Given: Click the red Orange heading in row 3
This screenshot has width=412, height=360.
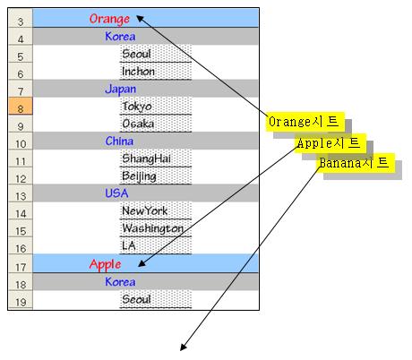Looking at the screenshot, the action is (x=109, y=19).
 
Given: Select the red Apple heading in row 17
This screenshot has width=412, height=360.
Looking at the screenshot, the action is (x=105, y=265).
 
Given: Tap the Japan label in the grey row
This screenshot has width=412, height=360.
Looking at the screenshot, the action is (x=121, y=90).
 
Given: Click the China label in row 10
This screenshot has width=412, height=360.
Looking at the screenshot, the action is (x=119, y=141).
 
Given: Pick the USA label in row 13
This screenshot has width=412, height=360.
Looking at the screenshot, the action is (x=116, y=193).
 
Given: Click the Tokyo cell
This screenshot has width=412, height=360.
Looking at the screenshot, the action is (x=156, y=106).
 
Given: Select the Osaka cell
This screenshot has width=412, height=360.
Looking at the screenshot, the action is (x=156, y=124).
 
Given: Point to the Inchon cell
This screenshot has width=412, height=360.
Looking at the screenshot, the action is (x=156, y=72).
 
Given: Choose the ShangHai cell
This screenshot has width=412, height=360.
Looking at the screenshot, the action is (x=156, y=159).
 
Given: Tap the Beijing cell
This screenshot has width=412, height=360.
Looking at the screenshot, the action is (x=156, y=176).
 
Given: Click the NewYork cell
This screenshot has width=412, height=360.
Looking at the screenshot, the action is (x=156, y=210).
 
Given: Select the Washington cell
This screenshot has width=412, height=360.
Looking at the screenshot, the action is (x=156, y=228).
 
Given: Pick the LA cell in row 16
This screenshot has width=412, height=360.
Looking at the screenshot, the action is (x=156, y=245).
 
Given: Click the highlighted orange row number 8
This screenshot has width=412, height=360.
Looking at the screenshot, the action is (x=21, y=106).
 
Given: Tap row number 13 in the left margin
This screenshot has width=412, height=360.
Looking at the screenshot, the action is (x=21, y=193).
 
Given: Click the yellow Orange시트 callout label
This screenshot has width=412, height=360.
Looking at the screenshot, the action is (x=305, y=122).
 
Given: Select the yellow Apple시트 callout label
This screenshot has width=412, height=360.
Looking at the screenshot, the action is (x=330, y=143).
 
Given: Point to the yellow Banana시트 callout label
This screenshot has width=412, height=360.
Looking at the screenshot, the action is (x=356, y=163).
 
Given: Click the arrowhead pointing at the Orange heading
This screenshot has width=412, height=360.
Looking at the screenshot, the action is (x=140, y=19).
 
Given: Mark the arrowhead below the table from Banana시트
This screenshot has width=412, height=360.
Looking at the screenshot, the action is (x=183, y=347).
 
